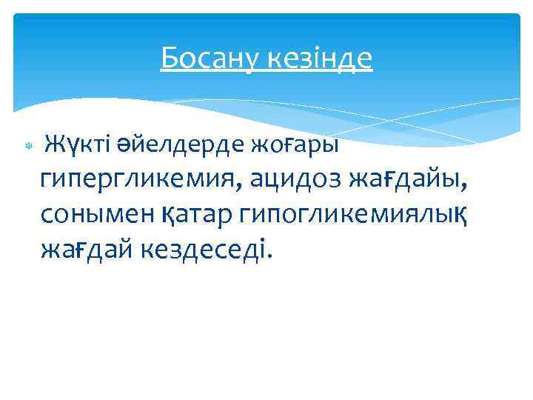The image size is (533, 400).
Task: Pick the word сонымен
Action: (x=86, y=215)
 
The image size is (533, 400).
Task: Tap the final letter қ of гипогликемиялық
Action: (x=462, y=216)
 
